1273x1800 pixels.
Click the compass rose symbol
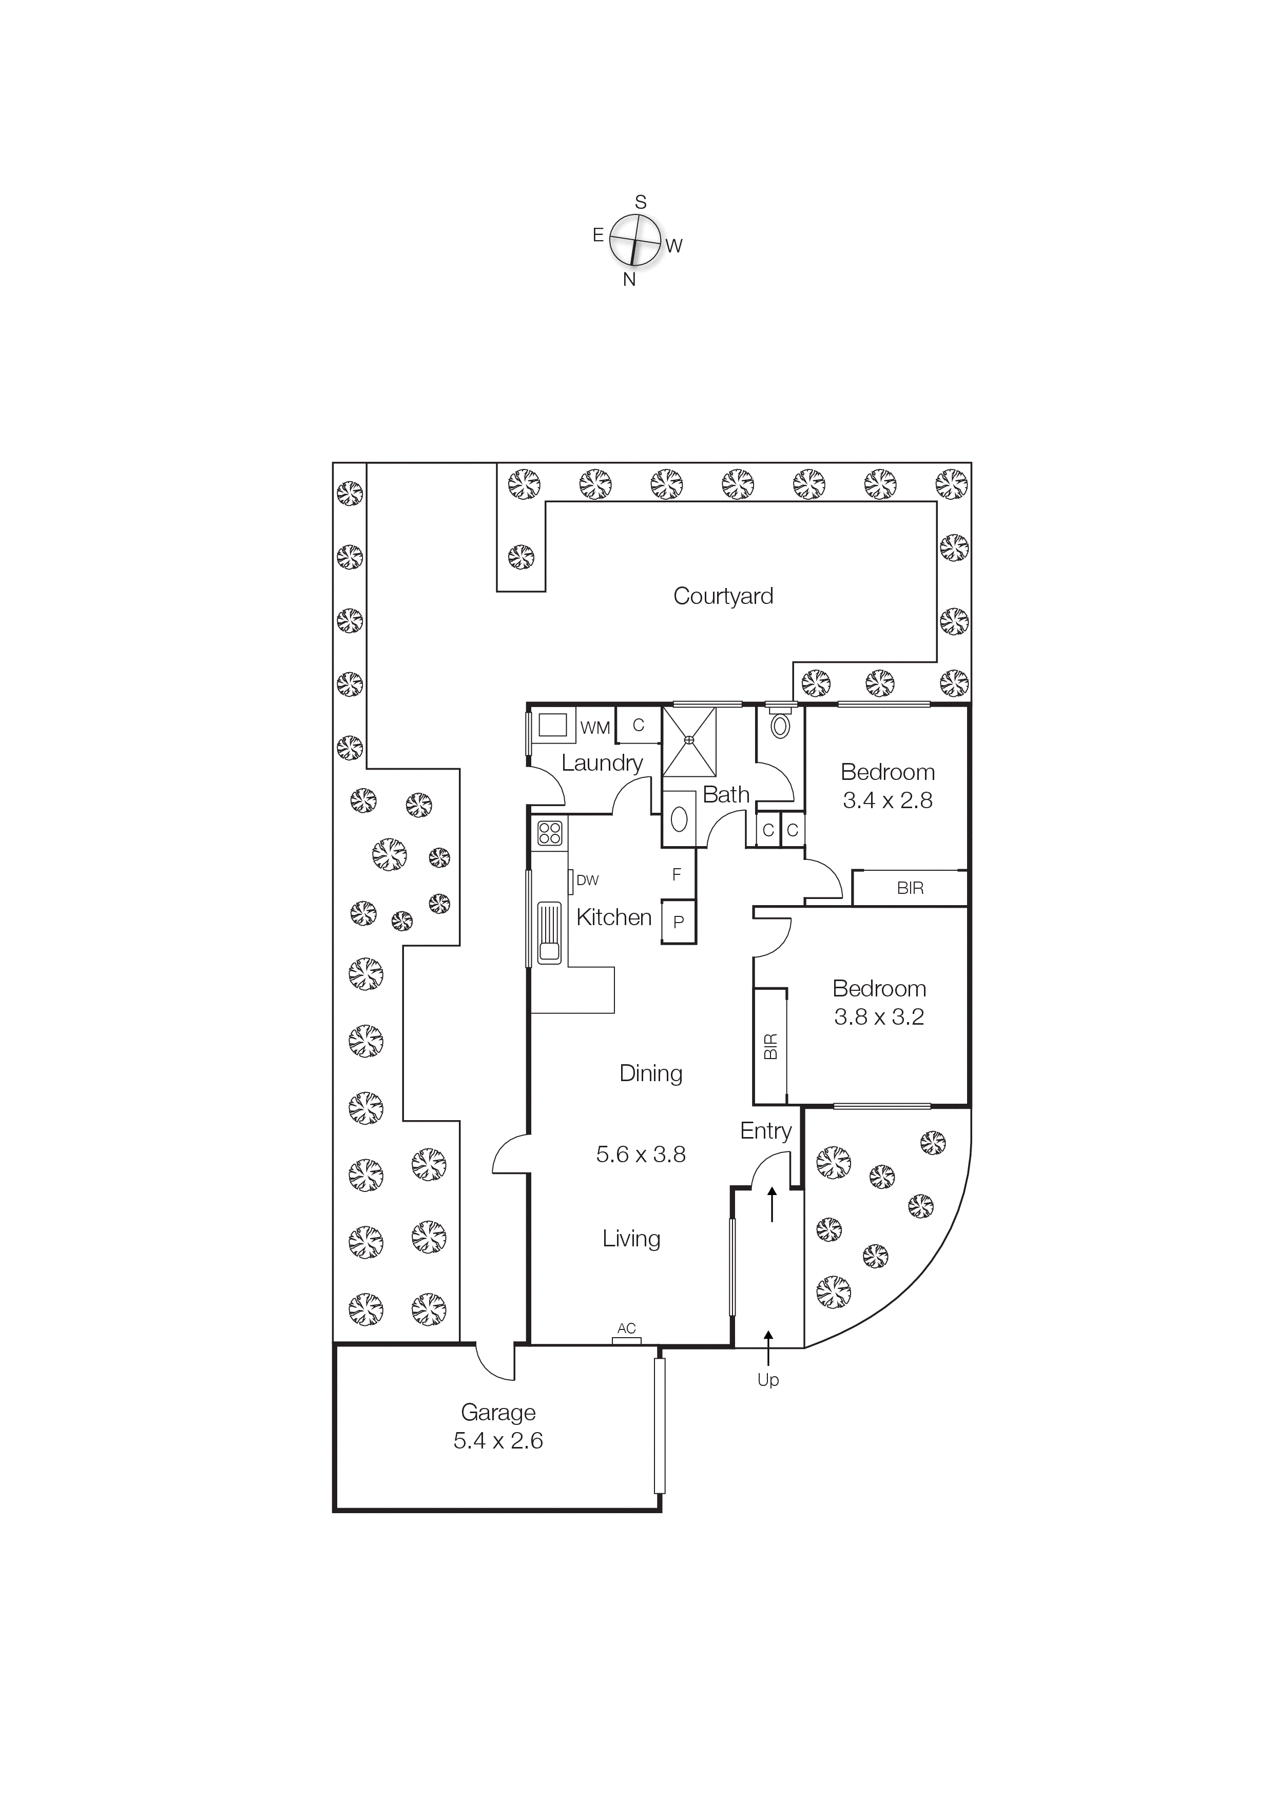pyautogui.click(x=634, y=240)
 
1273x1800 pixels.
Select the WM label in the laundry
pyautogui.click(x=595, y=728)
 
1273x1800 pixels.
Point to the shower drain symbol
pyautogui.click(x=689, y=740)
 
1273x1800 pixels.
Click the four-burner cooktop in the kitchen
pyautogui.click(x=550, y=833)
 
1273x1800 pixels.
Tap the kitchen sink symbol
pyautogui.click(x=549, y=932)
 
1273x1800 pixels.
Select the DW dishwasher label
pyautogui.click(x=587, y=881)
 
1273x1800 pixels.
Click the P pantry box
pyautogui.click(x=679, y=922)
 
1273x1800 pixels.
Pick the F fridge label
pyautogui.click(x=676, y=874)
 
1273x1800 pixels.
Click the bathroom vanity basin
pyautogui.click(x=679, y=819)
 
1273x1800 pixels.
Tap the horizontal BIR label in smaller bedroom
pyautogui.click(x=910, y=888)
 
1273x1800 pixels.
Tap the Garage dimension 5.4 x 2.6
pyautogui.click(x=498, y=1441)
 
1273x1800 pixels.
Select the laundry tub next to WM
pyautogui.click(x=553, y=725)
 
